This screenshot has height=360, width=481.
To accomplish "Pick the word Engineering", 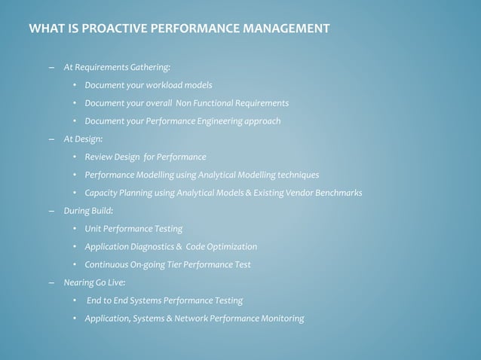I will pyautogui.click(x=209, y=121).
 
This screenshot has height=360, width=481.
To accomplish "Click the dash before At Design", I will pyautogui.click(x=51, y=139).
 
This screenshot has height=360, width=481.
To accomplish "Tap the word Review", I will pyautogui.click(x=98, y=157).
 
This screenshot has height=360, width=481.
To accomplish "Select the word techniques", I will pyautogui.click(x=297, y=175).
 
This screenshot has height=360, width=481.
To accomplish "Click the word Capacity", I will pyautogui.click(x=102, y=194).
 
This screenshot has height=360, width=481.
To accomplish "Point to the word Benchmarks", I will pyautogui.click(x=336, y=194).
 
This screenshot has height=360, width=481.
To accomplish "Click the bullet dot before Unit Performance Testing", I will pyautogui.click(x=75, y=229).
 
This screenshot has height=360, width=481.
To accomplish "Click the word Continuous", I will pyautogui.click(x=106, y=265).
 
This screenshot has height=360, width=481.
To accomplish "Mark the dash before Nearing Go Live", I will pyautogui.click(x=51, y=283).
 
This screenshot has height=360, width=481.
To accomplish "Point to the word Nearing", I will pyautogui.click(x=78, y=283).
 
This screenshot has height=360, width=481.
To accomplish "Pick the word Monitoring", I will pyautogui.click(x=280, y=319).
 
